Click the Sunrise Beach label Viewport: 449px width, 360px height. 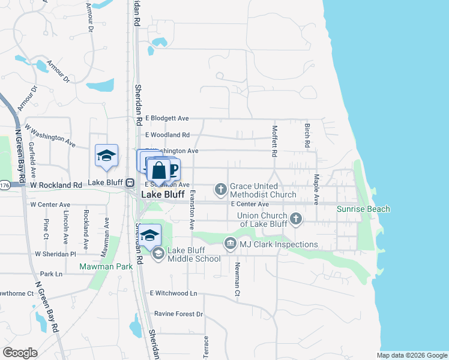click(x=363, y=209)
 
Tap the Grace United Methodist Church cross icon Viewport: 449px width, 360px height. click(x=220, y=190)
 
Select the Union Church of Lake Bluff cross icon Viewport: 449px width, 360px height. click(x=295, y=219)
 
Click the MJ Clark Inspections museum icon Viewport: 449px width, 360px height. click(x=230, y=244)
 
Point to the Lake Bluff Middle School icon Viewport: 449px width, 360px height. click(x=158, y=254)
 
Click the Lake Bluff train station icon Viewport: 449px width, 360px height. click(x=129, y=182)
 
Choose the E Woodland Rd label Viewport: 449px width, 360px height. click(x=167, y=135)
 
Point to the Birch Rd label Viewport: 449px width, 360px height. click(x=307, y=136)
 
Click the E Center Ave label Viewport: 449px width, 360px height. click(x=250, y=204)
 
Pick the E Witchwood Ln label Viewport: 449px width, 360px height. click(x=173, y=293)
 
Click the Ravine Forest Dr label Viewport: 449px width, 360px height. click(x=178, y=314)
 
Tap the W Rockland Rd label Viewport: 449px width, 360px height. click(x=52, y=185)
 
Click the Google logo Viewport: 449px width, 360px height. click(x=20, y=352)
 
